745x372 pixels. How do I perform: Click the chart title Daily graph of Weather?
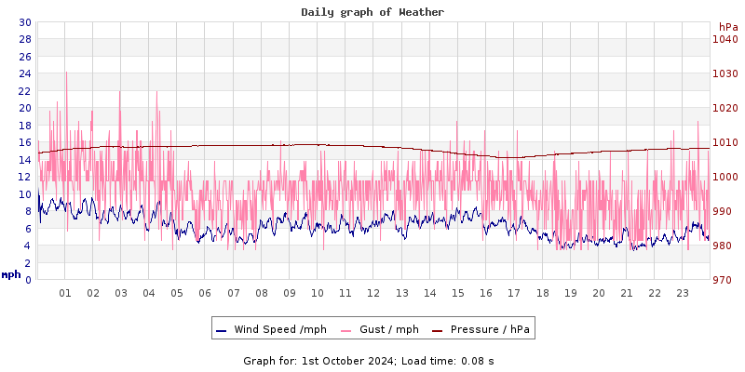372,12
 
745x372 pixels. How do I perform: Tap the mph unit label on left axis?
10,274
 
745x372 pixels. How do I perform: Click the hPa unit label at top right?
727,26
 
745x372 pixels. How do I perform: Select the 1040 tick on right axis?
725,39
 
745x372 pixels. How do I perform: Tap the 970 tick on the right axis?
725,280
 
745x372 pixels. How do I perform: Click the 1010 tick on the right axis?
725,142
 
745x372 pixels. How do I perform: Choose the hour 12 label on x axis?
373,293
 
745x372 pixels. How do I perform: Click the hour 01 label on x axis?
65,293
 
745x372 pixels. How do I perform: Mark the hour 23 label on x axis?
683,293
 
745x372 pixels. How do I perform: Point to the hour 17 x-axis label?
514,293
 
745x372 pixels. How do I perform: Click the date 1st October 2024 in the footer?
347,360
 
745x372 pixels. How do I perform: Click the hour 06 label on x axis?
205,293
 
